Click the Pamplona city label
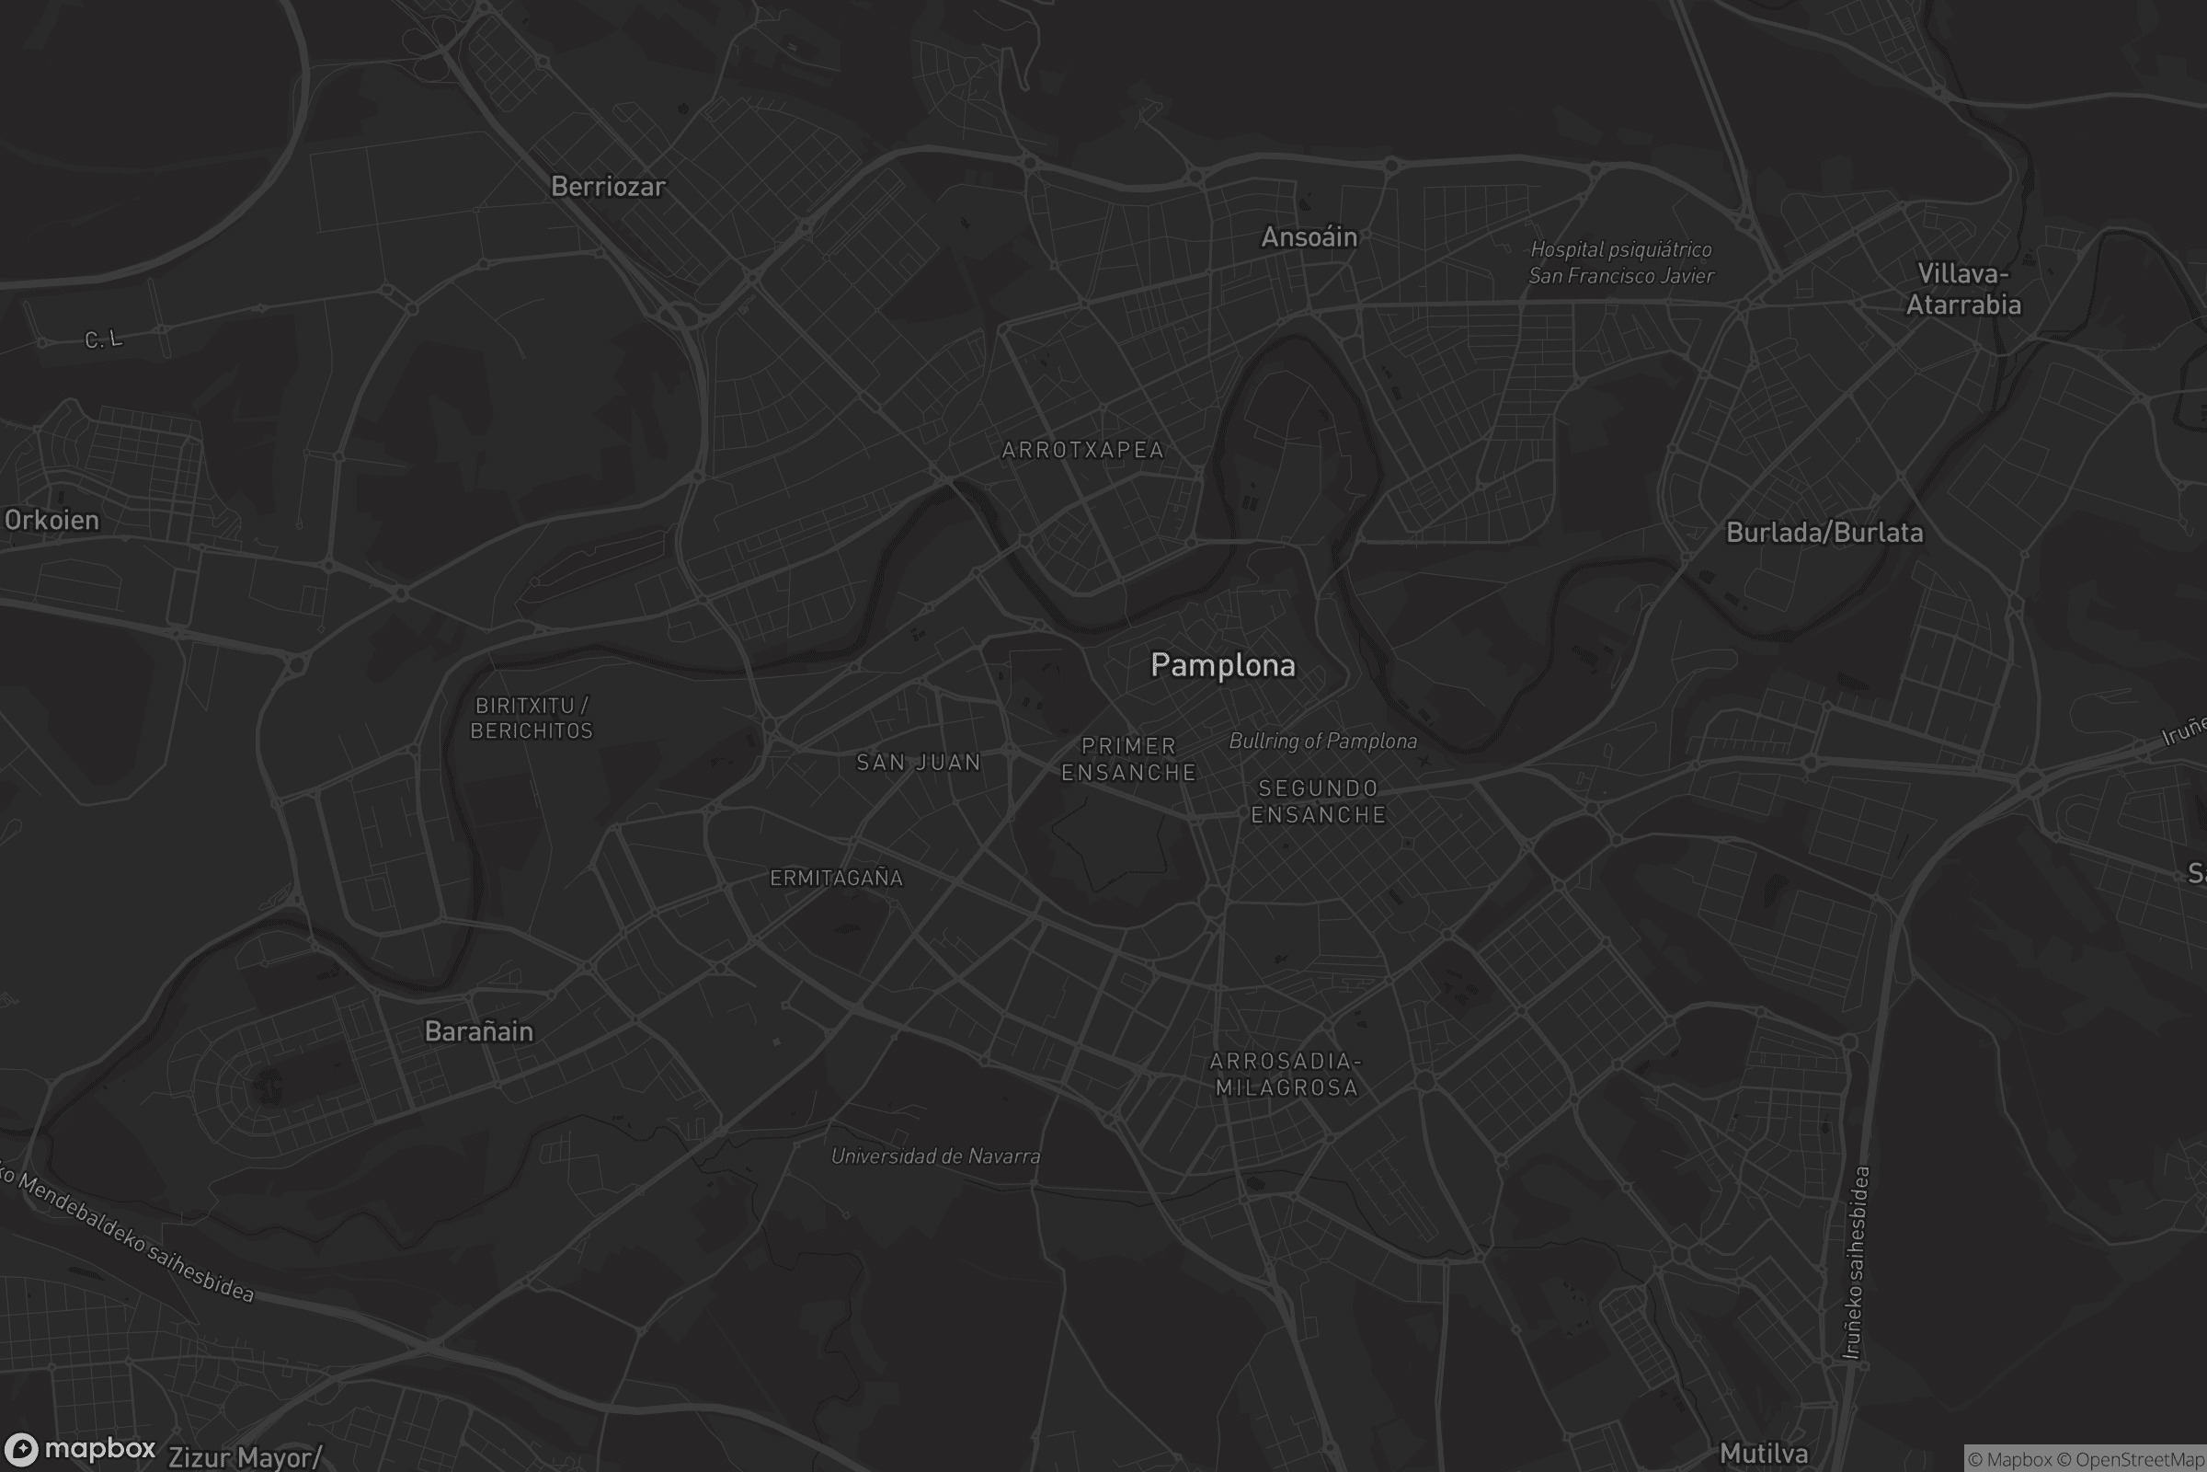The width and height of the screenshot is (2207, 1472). pyautogui.click(x=1223, y=665)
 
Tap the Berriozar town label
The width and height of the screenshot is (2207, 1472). pyautogui.click(x=608, y=187)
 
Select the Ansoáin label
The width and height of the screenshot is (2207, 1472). pyautogui.click(x=1309, y=237)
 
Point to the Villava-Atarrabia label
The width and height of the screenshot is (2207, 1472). pyautogui.click(x=1963, y=289)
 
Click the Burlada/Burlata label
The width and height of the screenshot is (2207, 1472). pyautogui.click(x=1824, y=534)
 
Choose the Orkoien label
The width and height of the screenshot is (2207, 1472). pyautogui.click(x=51, y=520)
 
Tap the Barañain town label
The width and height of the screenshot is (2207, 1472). pyautogui.click(x=478, y=1031)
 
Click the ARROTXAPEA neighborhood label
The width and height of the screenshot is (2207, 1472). pyautogui.click(x=1083, y=451)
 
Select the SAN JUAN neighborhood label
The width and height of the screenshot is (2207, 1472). pyautogui.click(x=919, y=764)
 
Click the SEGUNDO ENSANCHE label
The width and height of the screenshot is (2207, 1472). pyautogui.click(x=1319, y=801)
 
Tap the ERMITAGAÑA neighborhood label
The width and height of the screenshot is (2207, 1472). pyautogui.click(x=836, y=879)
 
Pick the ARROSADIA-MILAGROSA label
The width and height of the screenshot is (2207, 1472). pyautogui.click(x=1286, y=1075)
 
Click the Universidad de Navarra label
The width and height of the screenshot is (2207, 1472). pyautogui.click(x=935, y=1156)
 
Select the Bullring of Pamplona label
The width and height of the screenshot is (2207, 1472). pyautogui.click(x=1323, y=742)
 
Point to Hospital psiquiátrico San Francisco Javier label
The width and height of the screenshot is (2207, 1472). pyautogui.click(x=1620, y=263)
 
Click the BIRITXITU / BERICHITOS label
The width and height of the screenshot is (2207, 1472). pyautogui.click(x=532, y=719)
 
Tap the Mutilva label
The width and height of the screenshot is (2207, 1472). pyautogui.click(x=1763, y=1455)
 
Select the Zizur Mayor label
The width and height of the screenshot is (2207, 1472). pyautogui.click(x=244, y=1458)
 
